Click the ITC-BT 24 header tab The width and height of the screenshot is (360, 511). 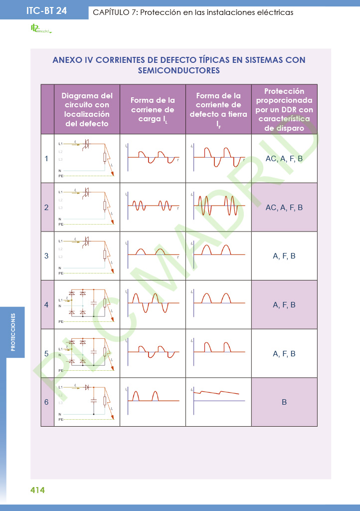[x=46, y=10]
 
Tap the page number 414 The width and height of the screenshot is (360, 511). [x=37, y=490]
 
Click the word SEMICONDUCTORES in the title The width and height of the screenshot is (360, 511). [x=179, y=71]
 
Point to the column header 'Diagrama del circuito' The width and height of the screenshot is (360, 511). [x=87, y=109]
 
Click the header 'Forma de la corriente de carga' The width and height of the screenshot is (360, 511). [x=153, y=110]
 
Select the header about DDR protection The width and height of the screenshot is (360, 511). [x=284, y=109]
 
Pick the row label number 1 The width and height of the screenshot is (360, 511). [x=47, y=159]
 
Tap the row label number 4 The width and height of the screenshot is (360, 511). [x=47, y=304]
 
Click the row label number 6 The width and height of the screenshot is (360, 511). [x=47, y=402]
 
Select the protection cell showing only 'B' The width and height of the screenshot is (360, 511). [x=284, y=402]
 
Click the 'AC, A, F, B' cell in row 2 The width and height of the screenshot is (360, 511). [x=284, y=207]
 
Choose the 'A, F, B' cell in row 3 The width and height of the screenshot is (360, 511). [x=284, y=256]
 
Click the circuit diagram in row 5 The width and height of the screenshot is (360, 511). [x=87, y=353]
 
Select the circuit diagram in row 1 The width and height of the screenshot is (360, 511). [x=87, y=159]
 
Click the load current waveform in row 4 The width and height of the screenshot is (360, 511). [x=153, y=302]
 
